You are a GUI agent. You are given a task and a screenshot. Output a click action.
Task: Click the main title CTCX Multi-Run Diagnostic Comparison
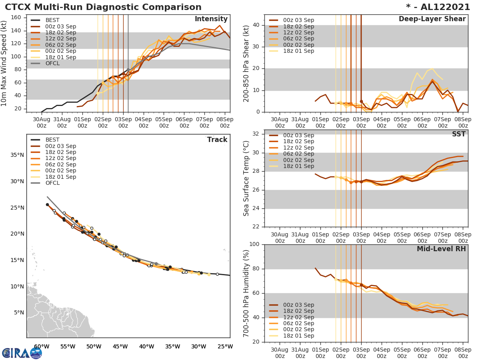click(x=103, y=7)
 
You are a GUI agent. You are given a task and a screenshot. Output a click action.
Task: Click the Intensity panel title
click(x=211, y=19)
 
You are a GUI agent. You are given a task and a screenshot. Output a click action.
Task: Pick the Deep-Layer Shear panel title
click(x=432, y=19)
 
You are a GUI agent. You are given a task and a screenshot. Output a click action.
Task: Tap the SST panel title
click(x=459, y=134)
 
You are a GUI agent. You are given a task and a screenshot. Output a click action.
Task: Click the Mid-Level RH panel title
click(x=441, y=249)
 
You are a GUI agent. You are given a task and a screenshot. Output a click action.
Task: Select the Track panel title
click(x=217, y=140)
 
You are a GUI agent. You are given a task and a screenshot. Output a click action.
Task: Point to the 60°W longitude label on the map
click(x=42, y=346)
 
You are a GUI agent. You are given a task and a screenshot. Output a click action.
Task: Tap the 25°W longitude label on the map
click(x=225, y=346)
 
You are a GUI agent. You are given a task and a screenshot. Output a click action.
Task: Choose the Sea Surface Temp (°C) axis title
click(x=246, y=178)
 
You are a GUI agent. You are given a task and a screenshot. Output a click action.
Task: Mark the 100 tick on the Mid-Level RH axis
click(x=254, y=244)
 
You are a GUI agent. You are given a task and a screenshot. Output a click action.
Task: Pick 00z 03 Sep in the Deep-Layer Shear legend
click(x=298, y=20)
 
